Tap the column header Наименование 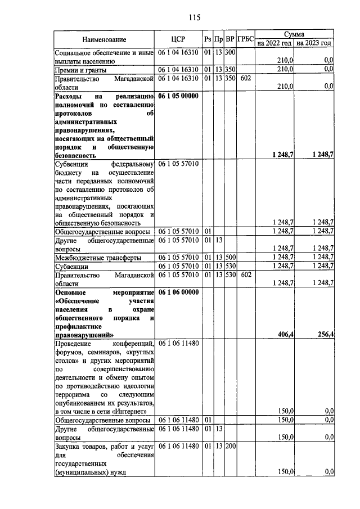point(104,39)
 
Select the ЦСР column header point(178,39)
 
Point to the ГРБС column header point(246,39)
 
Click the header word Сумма point(294,34)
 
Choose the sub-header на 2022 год point(274,43)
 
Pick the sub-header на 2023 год point(314,43)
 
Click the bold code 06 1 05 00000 point(178,96)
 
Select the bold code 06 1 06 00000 point(178,292)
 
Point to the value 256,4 point(325,335)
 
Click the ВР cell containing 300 point(230,52)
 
